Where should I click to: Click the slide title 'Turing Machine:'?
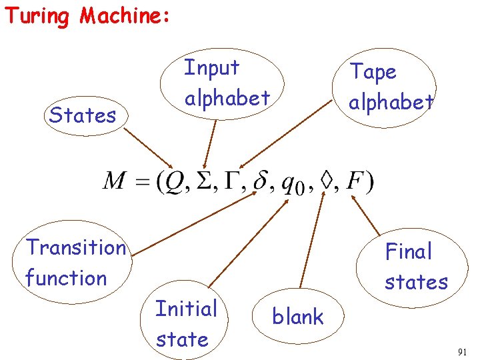tap(87, 15)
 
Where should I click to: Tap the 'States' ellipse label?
tap(83, 115)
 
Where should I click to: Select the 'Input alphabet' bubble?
tap(227, 83)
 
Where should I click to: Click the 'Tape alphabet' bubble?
tap(392, 87)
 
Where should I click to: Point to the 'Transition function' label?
tap(75, 263)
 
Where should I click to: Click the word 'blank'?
tap(298, 317)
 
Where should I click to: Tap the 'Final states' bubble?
tap(416, 267)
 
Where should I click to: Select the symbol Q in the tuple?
tap(167, 181)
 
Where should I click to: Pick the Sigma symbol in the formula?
tap(199, 181)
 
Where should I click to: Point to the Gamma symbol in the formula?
tap(231, 181)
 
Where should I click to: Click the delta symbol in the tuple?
tap(261, 181)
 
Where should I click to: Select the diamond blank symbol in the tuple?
tap(326, 181)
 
